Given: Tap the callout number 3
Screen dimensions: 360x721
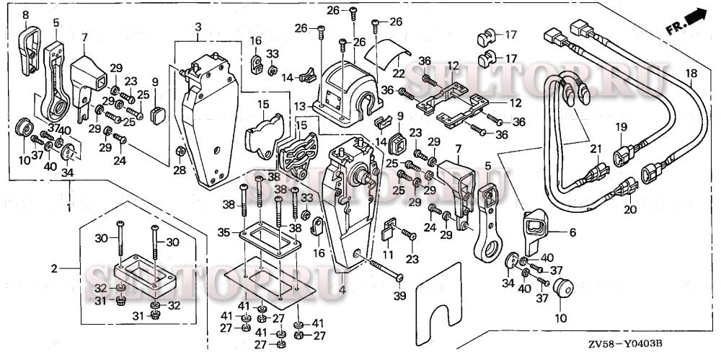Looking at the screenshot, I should tap(198, 27).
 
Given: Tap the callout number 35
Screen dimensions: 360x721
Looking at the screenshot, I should tap(224, 232).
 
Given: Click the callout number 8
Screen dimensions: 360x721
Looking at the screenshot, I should tap(26, 14).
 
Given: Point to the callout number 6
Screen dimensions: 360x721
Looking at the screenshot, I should tap(572, 232).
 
